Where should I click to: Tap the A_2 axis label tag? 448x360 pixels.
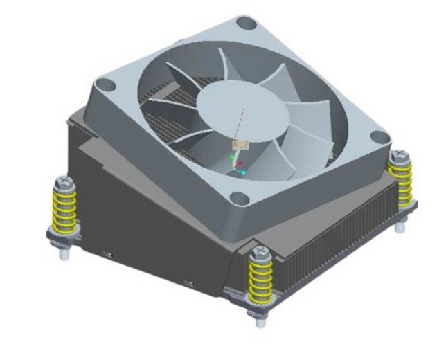click(240, 144)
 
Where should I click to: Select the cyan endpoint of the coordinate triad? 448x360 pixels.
click(243, 171)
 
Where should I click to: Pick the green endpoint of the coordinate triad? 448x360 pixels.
click(232, 157)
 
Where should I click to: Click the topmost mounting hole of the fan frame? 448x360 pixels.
click(246, 23)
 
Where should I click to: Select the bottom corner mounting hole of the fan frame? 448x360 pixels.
click(238, 200)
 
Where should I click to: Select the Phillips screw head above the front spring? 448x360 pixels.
click(260, 250)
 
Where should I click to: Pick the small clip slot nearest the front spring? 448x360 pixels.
click(188, 284)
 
